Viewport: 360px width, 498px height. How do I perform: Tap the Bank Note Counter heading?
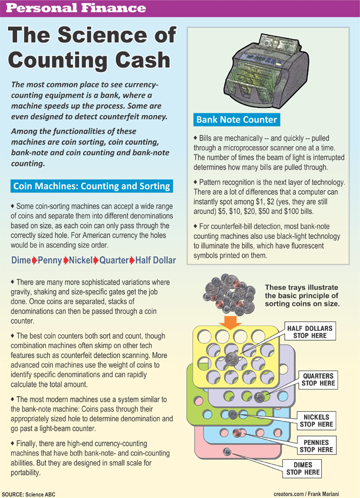click(x=236, y=119)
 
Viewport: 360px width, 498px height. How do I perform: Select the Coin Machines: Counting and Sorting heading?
click(x=91, y=185)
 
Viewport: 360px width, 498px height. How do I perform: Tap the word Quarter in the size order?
click(x=113, y=260)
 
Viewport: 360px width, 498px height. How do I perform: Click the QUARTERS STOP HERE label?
click(x=318, y=379)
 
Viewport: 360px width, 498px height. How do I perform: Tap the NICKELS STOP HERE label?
click(x=316, y=421)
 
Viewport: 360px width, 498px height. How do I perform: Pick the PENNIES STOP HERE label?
click(x=316, y=446)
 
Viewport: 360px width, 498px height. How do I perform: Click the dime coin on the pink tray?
click(x=226, y=452)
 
